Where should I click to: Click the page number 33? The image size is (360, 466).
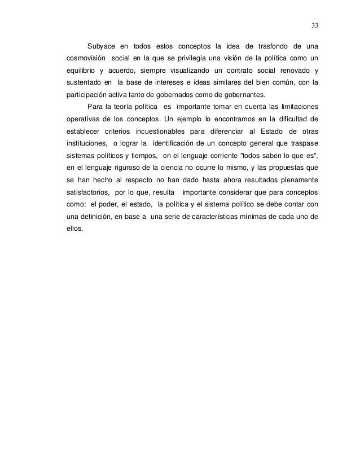pyautogui.click(x=314, y=25)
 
